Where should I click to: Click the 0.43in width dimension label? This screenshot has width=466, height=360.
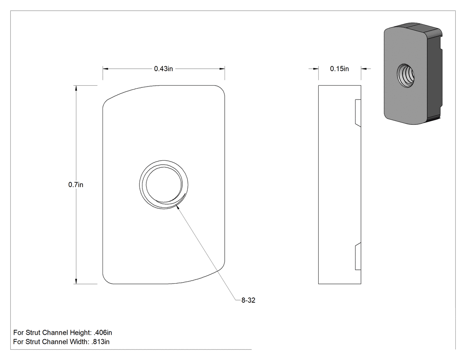point(163,69)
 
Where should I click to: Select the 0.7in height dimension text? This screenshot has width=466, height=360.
point(76,185)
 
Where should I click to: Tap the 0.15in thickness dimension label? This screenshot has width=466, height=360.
point(340,69)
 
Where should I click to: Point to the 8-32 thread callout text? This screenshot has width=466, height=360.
point(248,300)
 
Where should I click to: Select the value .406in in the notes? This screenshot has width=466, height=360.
point(103,332)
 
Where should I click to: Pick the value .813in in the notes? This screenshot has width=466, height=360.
point(100,342)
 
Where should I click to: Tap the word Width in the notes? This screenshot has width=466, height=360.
point(79,342)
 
